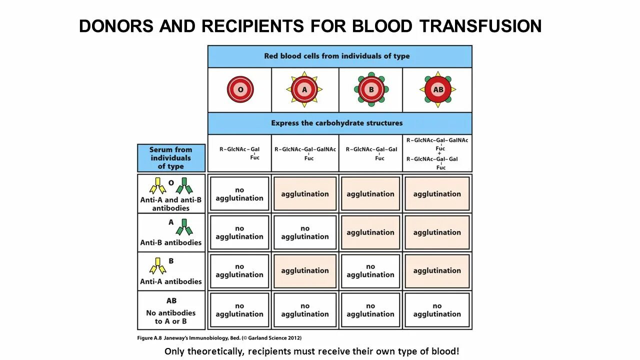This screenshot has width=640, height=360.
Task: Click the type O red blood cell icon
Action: coord(240,90)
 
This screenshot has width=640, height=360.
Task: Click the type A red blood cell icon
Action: coord(304,90)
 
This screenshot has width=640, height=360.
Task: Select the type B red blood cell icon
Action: coord(370,90)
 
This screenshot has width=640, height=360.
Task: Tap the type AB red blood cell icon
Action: coord(437,90)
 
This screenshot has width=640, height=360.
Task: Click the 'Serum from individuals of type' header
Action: coord(171,158)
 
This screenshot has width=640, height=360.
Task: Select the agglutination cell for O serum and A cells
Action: coord(305,194)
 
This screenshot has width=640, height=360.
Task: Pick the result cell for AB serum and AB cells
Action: coord(437,310)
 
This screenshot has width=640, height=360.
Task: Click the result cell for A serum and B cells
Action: coord(370,232)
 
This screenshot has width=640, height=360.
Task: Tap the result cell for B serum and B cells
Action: coord(370,271)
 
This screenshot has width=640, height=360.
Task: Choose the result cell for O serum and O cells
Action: coord(239,194)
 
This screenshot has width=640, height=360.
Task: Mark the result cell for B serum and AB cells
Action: coord(437,271)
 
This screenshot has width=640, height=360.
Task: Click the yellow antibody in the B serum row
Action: coord(158,266)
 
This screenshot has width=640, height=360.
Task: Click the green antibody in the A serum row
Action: coord(184,227)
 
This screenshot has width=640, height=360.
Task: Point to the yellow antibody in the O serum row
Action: coord(158,186)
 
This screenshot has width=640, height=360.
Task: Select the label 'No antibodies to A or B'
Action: coord(171,317)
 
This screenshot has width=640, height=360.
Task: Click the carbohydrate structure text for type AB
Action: coord(437,153)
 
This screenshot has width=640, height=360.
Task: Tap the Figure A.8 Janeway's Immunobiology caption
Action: coord(219,338)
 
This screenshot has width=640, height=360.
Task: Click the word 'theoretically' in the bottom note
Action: coord(216,351)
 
